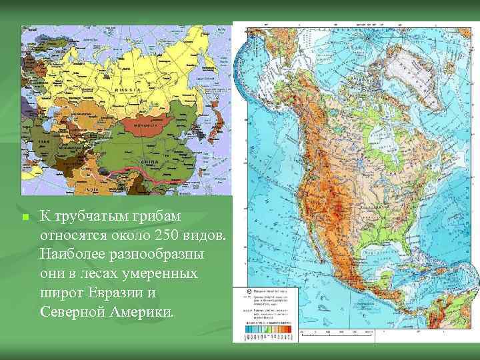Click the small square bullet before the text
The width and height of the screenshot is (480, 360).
23,218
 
